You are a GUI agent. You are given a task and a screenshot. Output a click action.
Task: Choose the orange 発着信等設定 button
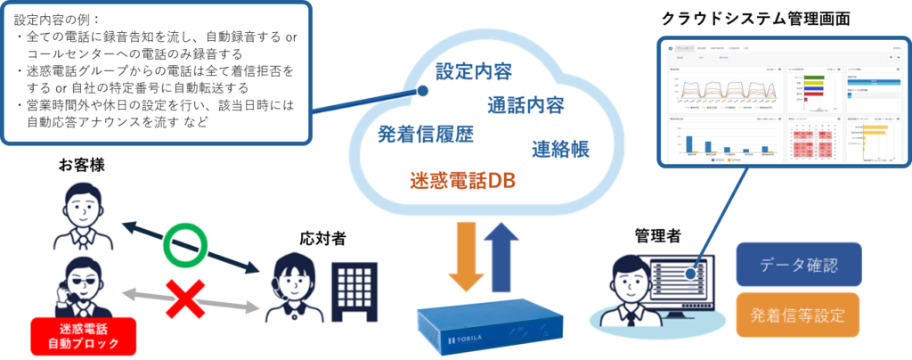point(797,315)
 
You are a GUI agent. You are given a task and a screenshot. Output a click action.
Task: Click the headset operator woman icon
point(294,283)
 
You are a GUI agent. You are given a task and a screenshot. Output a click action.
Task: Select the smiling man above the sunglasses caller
point(83,215)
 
